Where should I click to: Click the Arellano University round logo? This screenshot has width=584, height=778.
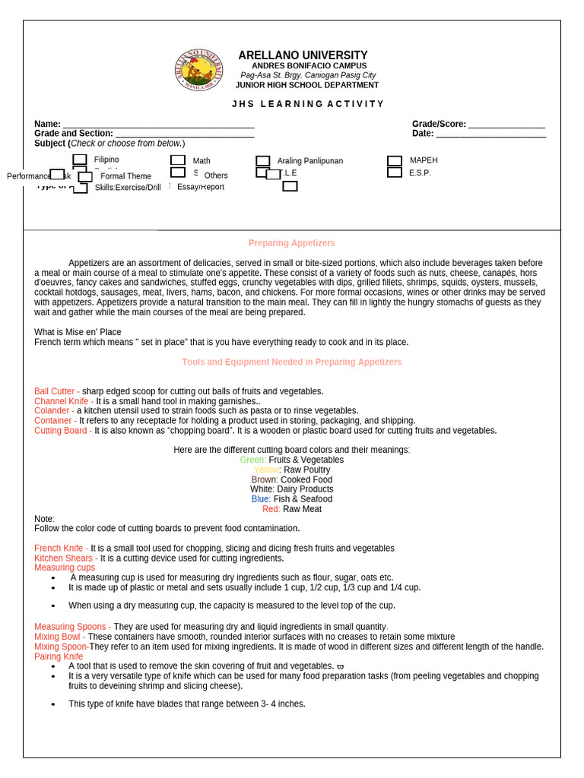[x=199, y=71]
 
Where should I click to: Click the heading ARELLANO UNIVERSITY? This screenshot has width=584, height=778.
[x=303, y=55]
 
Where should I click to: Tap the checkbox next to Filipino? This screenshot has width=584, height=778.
[x=80, y=160]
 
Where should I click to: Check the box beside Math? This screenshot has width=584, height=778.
[x=178, y=160]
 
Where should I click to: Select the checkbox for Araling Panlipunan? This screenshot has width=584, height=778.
[x=263, y=161]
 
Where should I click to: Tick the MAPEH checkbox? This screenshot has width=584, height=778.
[x=394, y=160]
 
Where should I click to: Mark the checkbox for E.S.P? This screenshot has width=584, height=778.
[x=394, y=172]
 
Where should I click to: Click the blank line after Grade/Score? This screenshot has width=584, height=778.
[x=506, y=124]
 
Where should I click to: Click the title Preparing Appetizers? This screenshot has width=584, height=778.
[x=291, y=243]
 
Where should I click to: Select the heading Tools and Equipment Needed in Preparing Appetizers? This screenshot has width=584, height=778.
[x=291, y=362]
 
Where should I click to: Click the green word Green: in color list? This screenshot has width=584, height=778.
[x=252, y=460]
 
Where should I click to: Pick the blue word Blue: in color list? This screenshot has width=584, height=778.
[x=261, y=500]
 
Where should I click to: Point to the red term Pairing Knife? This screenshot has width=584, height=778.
[x=59, y=656]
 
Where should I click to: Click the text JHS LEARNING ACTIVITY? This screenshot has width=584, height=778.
[x=308, y=104]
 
